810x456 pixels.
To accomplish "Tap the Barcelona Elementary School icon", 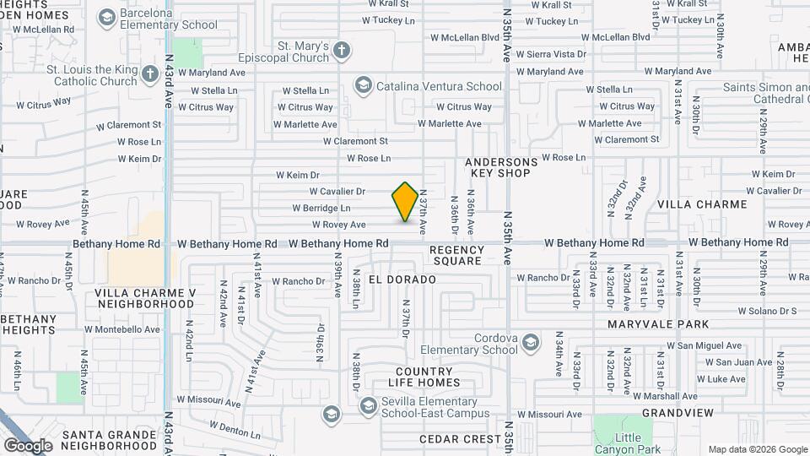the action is pos(107,17).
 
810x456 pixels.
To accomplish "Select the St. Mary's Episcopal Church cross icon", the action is pos(341,51).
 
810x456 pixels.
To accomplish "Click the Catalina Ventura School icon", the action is pos(363,85).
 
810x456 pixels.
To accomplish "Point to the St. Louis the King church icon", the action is pos(150,74).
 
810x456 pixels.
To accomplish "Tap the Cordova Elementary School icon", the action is pos(530,342).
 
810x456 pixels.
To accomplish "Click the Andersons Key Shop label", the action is pos(500,167).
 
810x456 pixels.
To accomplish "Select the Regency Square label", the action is pos(456,255).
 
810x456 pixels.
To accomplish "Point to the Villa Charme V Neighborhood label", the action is pos(145,298).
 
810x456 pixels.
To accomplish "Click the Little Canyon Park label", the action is pos(628,442).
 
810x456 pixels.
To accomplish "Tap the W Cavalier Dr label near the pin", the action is pos(337,192).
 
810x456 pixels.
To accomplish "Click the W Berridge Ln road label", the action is pos(321,208).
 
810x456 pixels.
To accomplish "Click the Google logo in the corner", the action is pos(28,445).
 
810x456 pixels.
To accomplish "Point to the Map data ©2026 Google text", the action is pos(758,449).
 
